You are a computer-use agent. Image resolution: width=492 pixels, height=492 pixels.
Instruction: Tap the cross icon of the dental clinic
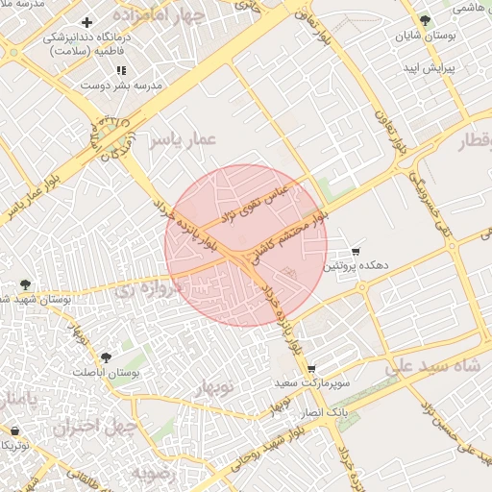[87, 22]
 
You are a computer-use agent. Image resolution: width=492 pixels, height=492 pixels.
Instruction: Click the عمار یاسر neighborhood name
[183, 140]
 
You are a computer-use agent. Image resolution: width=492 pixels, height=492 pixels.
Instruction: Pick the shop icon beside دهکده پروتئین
[357, 251]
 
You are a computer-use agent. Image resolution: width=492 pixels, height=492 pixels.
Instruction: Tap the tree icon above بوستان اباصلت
[106, 357]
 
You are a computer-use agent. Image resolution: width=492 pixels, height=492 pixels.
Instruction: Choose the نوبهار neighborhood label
[215, 388]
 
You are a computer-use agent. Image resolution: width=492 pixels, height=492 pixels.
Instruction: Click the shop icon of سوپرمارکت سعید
[311, 369]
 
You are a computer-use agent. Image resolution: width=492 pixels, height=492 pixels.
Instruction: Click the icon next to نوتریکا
[13, 431]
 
